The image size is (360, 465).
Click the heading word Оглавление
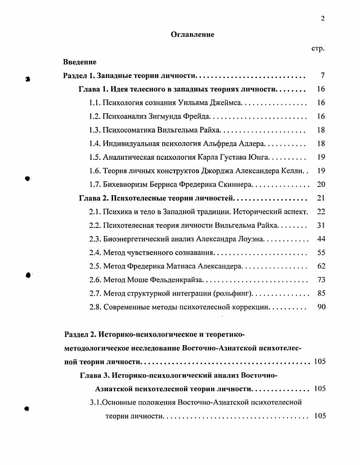[192, 35]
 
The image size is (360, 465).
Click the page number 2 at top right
[322, 18]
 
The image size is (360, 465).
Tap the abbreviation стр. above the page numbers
[318, 49]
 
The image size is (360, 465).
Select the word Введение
[79, 62]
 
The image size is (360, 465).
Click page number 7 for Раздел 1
[322, 75]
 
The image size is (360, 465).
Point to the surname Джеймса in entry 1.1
[226, 103]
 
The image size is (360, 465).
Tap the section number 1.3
[95, 130]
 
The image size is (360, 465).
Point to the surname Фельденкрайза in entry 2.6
[178, 280]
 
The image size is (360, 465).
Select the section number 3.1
[95, 402]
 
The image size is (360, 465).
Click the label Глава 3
[94, 376]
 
